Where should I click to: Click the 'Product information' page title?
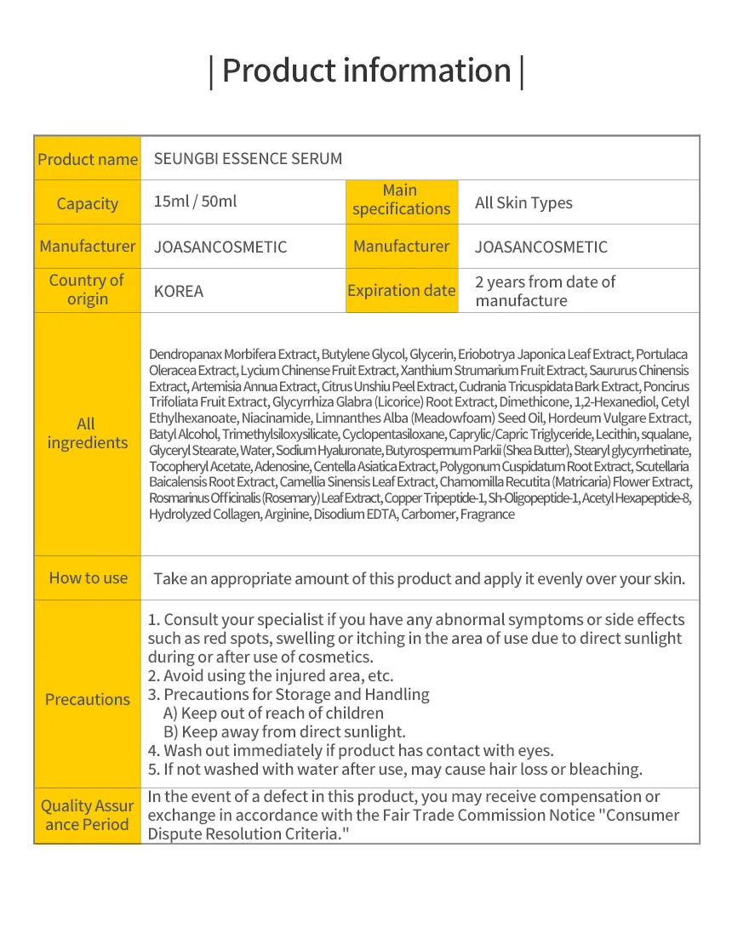click(366, 71)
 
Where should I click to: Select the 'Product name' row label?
click(88, 159)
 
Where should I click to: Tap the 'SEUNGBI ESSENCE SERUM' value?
click(248, 159)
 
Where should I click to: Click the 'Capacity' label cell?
click(88, 203)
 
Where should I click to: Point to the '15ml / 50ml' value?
click(195, 202)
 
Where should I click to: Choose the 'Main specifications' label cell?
click(401, 200)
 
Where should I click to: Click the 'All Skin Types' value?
click(523, 203)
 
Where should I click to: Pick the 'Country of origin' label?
click(87, 289)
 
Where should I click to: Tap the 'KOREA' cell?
click(179, 291)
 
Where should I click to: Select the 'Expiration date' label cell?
click(401, 290)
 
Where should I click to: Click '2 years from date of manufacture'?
click(545, 291)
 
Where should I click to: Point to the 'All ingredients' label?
click(87, 433)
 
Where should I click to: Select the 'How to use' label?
click(88, 578)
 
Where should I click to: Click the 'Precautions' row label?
click(88, 699)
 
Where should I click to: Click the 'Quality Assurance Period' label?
click(87, 815)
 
